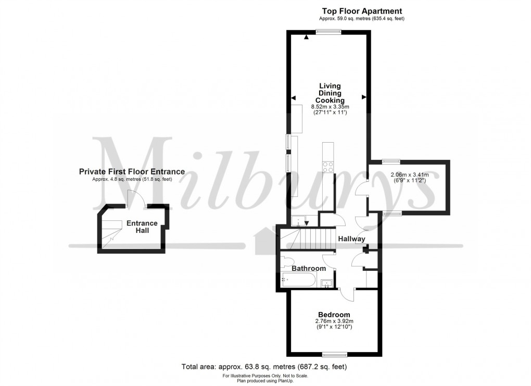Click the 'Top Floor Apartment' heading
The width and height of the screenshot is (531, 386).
(362, 11)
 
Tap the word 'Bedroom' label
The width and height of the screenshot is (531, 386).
(334, 315)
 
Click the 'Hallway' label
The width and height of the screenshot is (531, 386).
(351, 239)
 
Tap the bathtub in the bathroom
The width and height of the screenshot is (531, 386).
(298, 280)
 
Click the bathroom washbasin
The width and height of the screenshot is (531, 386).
(327, 283)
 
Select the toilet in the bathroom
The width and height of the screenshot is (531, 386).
(288, 260)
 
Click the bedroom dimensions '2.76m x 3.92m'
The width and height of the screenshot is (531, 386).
(334, 322)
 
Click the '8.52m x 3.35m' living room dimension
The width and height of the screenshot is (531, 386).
(330, 108)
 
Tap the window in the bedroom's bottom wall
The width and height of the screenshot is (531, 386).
(335, 355)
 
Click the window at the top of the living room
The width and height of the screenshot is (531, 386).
(329, 32)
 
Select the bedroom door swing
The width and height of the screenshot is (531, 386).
(346, 294)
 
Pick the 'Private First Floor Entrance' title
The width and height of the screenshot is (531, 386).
(132, 171)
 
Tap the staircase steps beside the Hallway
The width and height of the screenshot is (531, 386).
(309, 240)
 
